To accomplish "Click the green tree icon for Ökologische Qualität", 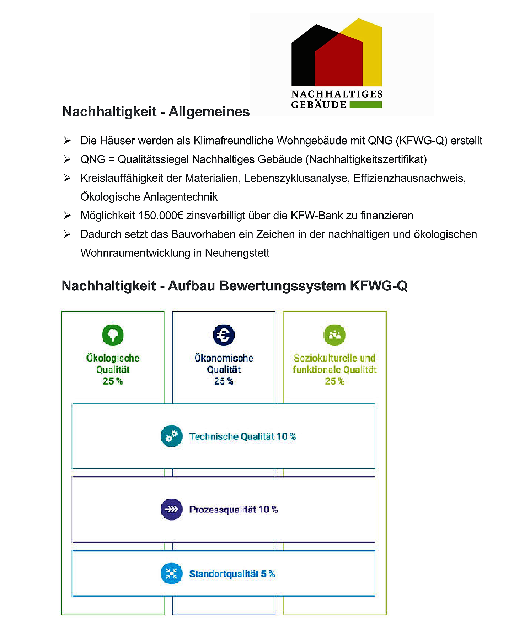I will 113,335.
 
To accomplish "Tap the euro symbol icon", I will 224,335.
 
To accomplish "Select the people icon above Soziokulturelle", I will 334,335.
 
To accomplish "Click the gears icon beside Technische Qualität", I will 171,436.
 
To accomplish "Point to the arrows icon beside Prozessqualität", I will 171,509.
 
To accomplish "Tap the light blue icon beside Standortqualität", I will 171,574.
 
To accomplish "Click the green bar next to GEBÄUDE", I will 365,105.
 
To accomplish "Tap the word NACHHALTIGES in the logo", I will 337,94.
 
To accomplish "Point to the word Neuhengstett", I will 237,253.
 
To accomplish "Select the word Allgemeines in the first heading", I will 209,112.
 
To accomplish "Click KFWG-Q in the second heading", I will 379,286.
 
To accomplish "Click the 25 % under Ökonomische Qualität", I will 224,381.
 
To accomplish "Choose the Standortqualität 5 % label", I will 232,574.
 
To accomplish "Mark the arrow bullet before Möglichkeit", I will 67,216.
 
